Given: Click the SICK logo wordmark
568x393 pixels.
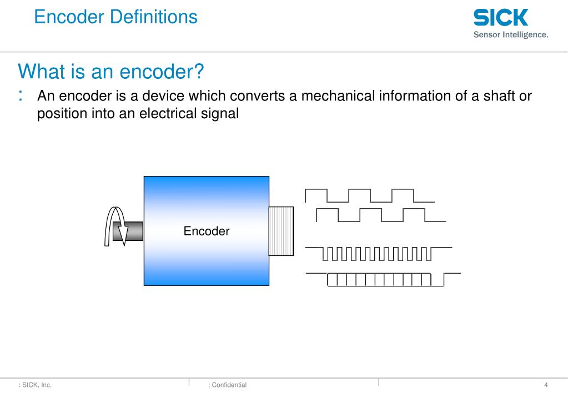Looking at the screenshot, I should [500, 18].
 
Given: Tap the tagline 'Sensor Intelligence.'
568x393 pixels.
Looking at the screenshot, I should [510, 35].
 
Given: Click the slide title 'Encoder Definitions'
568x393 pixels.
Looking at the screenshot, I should [115, 17].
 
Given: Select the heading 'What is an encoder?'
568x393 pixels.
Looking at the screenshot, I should [111, 72].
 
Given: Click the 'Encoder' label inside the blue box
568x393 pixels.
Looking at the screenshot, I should [207, 231].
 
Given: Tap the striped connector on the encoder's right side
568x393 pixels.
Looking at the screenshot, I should [282, 231].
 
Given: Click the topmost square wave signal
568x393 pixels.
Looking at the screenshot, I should [369, 195].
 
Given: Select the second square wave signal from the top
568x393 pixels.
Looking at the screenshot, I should [380, 215].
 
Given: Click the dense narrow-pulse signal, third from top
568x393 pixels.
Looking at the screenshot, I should [378, 254].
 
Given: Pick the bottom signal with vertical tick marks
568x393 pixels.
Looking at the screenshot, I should [383, 279].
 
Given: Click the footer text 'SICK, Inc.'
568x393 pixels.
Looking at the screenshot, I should [37, 385].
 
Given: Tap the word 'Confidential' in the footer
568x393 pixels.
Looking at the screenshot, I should [229, 385].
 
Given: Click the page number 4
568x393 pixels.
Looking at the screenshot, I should [546, 385].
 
